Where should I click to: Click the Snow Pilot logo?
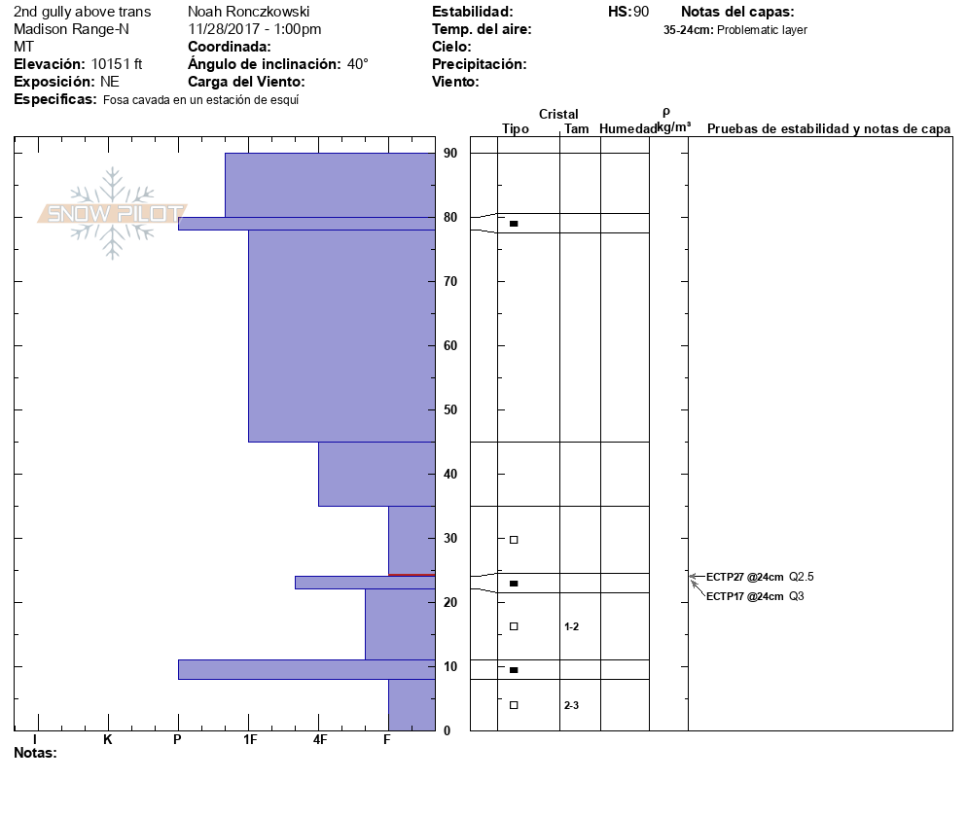(112, 213)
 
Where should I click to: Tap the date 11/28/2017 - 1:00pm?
(255, 29)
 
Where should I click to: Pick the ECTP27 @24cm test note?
(744, 577)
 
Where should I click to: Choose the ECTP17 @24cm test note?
(744, 596)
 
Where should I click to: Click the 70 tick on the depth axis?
(450, 282)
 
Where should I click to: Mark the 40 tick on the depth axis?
(450, 475)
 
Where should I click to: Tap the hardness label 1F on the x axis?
(250, 740)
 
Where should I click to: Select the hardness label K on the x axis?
(108, 740)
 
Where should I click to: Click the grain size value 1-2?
(572, 626)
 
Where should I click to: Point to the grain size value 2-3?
(572, 705)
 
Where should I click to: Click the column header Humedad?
(627, 129)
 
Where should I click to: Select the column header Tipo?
(516, 129)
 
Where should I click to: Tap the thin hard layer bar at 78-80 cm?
(305, 224)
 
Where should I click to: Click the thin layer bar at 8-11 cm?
(305, 669)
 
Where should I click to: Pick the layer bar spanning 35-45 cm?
(376, 474)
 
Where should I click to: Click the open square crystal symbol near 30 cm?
(514, 540)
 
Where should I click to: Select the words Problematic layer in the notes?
(762, 30)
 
